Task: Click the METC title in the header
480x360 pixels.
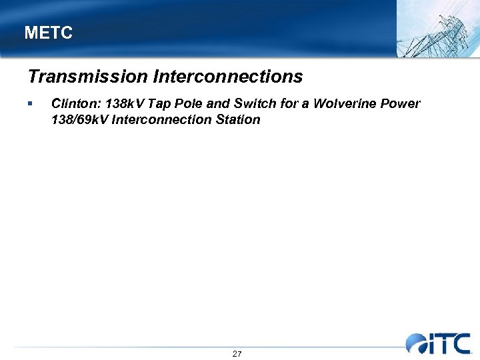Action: point(48,33)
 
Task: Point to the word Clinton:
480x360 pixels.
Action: point(76,104)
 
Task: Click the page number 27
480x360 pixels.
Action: point(237,353)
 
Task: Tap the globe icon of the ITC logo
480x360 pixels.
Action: point(417,343)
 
